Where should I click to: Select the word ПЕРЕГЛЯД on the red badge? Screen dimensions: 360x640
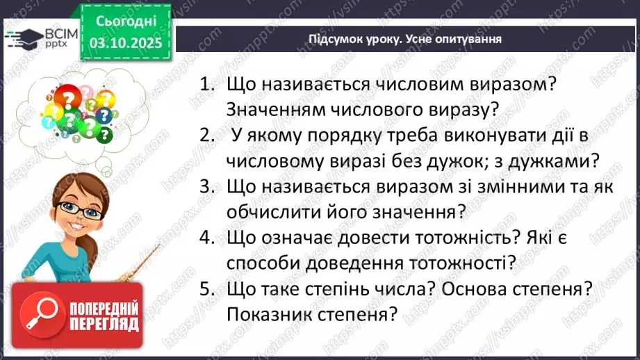(103, 325)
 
